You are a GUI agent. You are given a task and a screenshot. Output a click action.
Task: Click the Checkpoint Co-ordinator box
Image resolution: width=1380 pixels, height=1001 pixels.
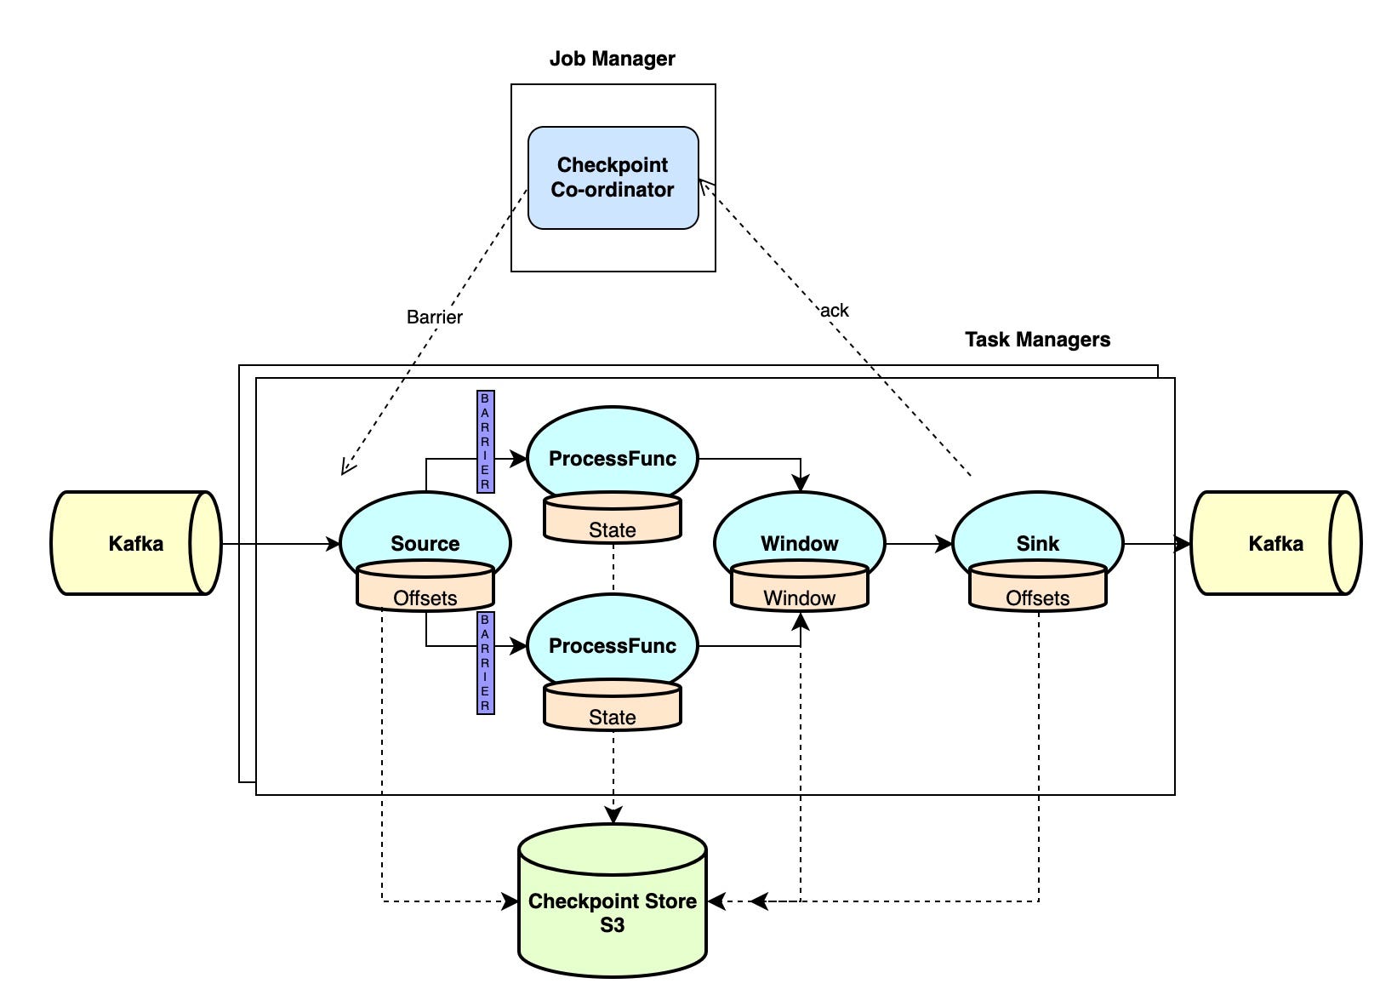[x=613, y=178]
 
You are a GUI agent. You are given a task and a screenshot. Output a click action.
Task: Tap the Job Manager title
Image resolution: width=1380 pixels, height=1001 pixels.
[x=612, y=59]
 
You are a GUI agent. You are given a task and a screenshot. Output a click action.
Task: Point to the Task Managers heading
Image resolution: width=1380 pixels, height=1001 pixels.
[x=1037, y=340]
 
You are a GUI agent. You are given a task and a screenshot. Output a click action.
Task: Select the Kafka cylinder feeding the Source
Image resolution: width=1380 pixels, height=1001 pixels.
[x=136, y=543]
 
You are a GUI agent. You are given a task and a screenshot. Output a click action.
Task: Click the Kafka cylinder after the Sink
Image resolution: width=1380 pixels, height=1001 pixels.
[x=1276, y=543]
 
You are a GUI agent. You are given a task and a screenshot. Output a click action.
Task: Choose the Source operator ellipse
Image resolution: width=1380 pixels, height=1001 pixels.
[x=425, y=536]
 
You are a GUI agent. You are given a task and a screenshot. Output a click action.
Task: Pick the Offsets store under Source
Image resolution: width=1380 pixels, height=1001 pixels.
[x=425, y=586]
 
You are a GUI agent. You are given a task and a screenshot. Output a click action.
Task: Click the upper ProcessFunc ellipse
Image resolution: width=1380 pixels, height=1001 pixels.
[x=613, y=453]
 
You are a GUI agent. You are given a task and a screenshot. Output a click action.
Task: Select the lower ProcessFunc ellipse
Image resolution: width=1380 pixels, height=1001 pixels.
[x=613, y=640]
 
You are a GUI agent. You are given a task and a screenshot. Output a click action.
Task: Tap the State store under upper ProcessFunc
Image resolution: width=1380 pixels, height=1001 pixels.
[x=613, y=518]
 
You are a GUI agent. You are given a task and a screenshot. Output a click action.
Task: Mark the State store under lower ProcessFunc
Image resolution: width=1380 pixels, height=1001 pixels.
[x=613, y=705]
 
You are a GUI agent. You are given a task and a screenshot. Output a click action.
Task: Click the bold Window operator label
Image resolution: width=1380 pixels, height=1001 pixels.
[x=799, y=544]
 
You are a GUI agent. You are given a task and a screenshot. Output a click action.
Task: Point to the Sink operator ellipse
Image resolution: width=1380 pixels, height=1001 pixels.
[x=1037, y=536]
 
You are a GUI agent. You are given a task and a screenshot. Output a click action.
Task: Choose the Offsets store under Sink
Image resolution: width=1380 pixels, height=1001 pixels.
[x=1037, y=586]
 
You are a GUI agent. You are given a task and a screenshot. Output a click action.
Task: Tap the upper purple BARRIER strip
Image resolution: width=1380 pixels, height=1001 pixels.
[x=486, y=441]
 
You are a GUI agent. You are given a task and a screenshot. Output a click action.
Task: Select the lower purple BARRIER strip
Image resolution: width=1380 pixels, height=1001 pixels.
[x=486, y=663]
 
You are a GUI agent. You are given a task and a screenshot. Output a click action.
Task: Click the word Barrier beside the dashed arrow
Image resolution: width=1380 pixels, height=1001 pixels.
[x=434, y=317]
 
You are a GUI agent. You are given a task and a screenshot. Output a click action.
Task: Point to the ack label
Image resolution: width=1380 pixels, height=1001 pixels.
[x=834, y=311]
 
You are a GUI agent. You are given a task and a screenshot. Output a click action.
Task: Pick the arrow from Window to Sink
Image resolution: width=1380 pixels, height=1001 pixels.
[x=919, y=544]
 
